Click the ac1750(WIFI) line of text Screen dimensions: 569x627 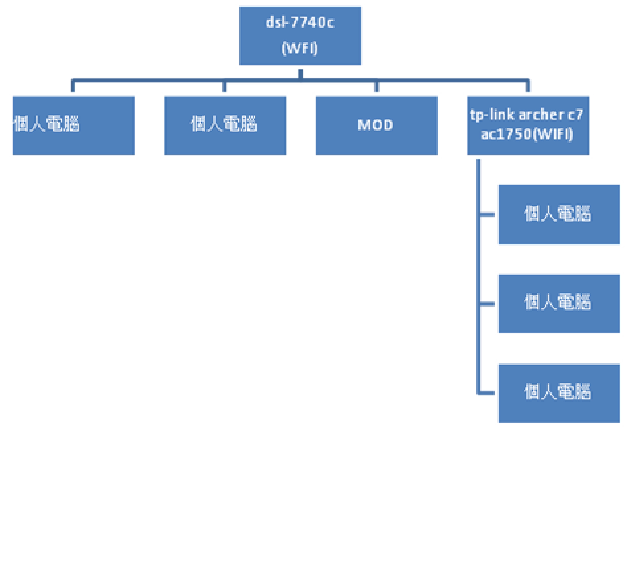tap(527, 134)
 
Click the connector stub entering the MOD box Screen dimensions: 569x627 tap(377, 86)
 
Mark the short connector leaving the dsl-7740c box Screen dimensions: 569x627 tap(300, 74)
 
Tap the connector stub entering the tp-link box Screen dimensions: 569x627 tap(528, 86)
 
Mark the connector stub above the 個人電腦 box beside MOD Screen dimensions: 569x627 tap(224, 86)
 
